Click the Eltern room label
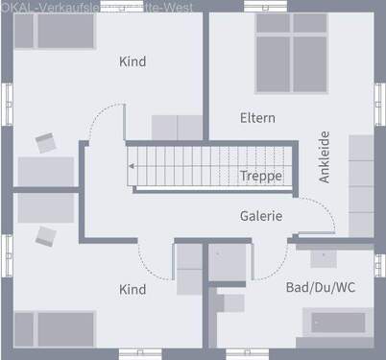coord(257,118)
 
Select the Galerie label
coord(260,216)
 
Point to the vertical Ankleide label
coord(325,156)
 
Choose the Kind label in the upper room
coord(133,61)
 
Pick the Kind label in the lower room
coord(133,289)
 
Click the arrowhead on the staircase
coord(133,165)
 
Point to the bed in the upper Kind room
coord(65,32)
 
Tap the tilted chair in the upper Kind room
coord(46,143)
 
